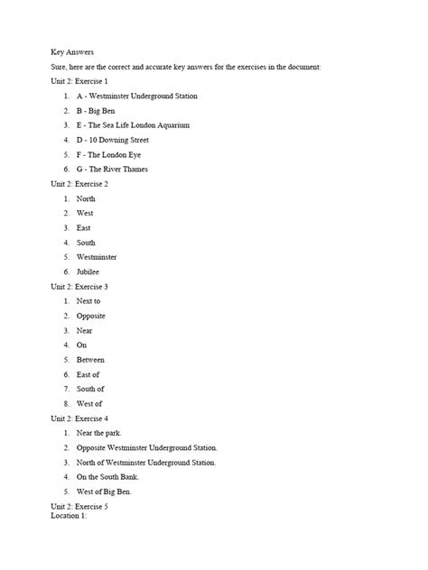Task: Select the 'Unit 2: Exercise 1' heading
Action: (x=86, y=81)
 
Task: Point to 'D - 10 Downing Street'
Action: (x=113, y=140)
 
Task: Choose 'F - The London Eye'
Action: (x=110, y=154)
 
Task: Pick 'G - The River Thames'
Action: (x=112, y=169)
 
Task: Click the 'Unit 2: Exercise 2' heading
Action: (x=86, y=184)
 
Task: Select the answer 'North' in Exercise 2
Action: (x=86, y=198)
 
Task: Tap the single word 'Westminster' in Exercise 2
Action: (x=97, y=257)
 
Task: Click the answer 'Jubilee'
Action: (x=88, y=271)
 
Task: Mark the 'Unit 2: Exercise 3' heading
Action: (x=86, y=286)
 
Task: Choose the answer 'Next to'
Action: (x=88, y=300)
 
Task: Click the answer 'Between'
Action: (x=90, y=359)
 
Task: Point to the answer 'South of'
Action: (x=90, y=389)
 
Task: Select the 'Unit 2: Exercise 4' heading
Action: (x=86, y=418)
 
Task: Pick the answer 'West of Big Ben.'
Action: (x=104, y=492)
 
